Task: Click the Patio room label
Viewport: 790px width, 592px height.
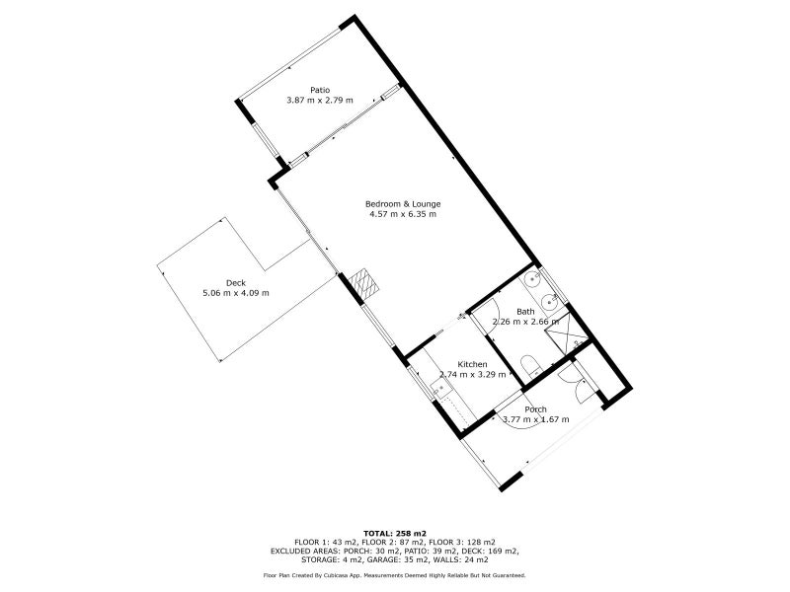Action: (x=320, y=90)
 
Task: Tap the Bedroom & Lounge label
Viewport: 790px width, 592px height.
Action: (x=403, y=204)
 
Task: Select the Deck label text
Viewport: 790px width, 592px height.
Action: (x=236, y=283)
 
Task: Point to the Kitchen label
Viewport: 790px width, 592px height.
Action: (x=472, y=364)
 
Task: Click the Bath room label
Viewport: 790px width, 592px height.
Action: (x=525, y=312)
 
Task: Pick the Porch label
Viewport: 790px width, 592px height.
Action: (x=535, y=409)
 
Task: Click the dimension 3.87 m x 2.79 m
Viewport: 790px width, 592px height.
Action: (x=319, y=101)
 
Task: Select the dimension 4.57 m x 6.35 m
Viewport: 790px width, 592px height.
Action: (x=403, y=214)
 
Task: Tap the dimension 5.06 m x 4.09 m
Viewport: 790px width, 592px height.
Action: (x=236, y=293)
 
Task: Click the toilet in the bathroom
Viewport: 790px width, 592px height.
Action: (x=530, y=365)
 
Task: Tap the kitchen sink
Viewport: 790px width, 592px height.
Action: (x=440, y=389)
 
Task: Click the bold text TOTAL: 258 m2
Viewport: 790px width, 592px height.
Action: (x=395, y=533)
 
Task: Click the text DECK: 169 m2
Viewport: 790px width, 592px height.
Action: (x=491, y=551)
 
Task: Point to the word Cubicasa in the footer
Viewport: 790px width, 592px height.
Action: (x=325, y=575)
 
